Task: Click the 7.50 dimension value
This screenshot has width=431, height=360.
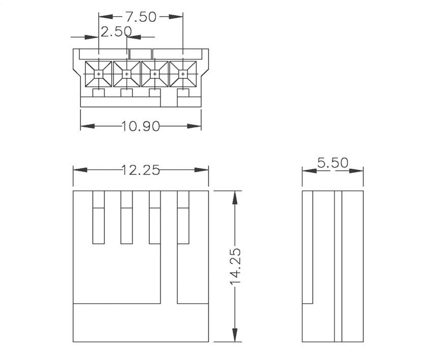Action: [140, 17]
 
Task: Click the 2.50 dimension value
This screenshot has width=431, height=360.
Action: [116, 32]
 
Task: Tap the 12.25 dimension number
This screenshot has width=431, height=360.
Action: [140, 170]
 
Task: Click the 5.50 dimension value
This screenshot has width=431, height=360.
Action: [333, 163]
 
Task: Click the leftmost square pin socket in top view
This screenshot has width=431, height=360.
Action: [99, 75]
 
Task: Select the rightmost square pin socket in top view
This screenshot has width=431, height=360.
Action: [182, 75]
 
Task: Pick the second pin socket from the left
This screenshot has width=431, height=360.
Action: [127, 75]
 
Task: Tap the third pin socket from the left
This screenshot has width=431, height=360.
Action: [155, 75]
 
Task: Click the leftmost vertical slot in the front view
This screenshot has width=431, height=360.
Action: [98, 217]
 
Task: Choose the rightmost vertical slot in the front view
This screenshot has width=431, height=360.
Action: [183, 217]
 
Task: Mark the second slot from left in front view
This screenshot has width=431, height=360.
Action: [127, 217]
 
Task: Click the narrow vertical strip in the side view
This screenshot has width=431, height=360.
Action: [338, 267]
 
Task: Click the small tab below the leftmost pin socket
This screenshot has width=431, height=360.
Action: [99, 93]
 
